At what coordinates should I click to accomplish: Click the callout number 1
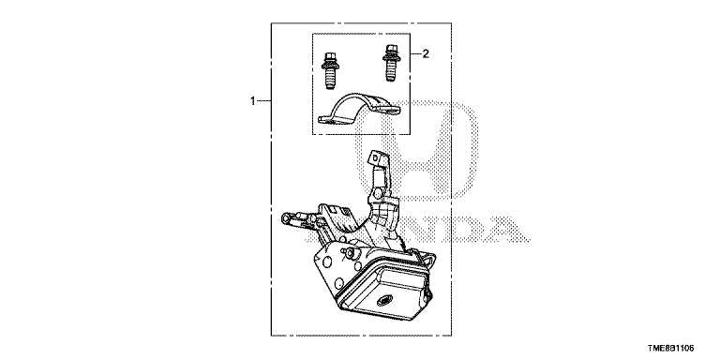(x=252, y=101)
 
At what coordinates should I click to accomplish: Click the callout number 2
(x=426, y=54)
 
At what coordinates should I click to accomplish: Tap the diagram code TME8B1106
(x=671, y=349)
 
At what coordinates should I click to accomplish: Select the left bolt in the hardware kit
(x=330, y=71)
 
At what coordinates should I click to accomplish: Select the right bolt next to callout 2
(x=390, y=63)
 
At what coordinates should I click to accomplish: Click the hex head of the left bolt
(x=330, y=57)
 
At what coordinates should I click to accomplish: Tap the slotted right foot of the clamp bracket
(x=388, y=110)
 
